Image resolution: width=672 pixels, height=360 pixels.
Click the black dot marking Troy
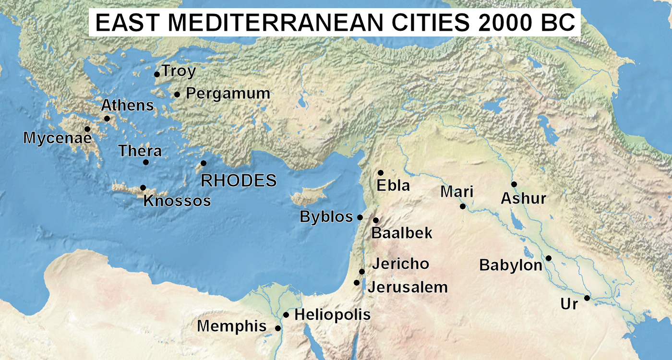coord(157,74)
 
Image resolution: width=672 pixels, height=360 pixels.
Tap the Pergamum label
coord(228,93)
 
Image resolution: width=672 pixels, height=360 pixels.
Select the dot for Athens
coord(107,119)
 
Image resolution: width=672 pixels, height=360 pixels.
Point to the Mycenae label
coord(57,138)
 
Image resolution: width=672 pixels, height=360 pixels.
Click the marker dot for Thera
coord(146,162)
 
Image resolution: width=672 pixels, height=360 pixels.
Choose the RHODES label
coord(239,180)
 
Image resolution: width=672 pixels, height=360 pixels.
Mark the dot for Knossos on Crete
coord(143,188)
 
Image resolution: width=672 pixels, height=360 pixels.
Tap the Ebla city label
coord(394,185)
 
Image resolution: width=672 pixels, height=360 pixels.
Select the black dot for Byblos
coord(360,217)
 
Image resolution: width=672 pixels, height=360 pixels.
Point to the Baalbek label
coord(402,233)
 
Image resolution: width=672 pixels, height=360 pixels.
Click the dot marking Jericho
coord(362,272)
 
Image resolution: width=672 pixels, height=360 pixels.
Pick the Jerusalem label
coord(408,287)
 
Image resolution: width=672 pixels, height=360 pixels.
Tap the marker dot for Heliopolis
coord(286,315)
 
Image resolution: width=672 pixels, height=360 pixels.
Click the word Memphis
coord(231,326)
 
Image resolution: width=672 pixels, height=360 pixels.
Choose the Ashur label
coord(524,198)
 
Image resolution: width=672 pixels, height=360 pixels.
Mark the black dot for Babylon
coord(549,258)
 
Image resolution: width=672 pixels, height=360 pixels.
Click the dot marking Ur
coord(587,298)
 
